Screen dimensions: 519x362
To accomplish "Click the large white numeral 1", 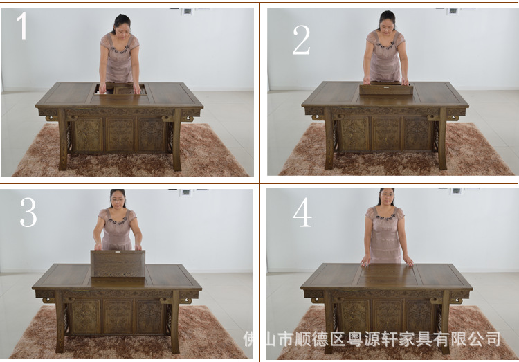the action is (x=22, y=26).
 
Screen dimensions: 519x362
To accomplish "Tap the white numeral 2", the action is (x=301, y=40).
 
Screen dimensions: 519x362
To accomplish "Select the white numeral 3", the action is (x=28, y=212).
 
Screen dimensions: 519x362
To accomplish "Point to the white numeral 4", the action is (x=302, y=212).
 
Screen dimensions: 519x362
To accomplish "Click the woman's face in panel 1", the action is (x=122, y=28).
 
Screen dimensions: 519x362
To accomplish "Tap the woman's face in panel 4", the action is (x=387, y=197).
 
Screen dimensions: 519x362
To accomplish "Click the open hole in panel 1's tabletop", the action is (x=120, y=89).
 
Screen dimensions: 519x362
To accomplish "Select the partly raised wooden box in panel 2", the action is (x=386, y=88).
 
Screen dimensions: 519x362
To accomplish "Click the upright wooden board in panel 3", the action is (x=118, y=264).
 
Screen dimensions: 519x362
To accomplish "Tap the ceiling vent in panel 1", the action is (x=188, y=11).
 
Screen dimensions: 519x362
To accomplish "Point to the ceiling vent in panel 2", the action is (x=453, y=11).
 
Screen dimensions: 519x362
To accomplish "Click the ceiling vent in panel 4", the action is (x=457, y=191).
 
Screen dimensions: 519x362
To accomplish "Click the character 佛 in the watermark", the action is (x=249, y=339).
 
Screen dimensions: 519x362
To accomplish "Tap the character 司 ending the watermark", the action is (x=493, y=339).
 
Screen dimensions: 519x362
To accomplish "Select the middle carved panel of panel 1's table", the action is (x=120, y=134).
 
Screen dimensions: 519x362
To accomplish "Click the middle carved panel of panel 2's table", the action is (x=386, y=134).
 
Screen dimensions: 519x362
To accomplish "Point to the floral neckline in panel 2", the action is (x=384, y=46).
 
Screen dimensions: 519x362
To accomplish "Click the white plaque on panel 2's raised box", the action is (x=386, y=88).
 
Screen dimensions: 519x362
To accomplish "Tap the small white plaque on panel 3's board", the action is (x=118, y=252).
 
